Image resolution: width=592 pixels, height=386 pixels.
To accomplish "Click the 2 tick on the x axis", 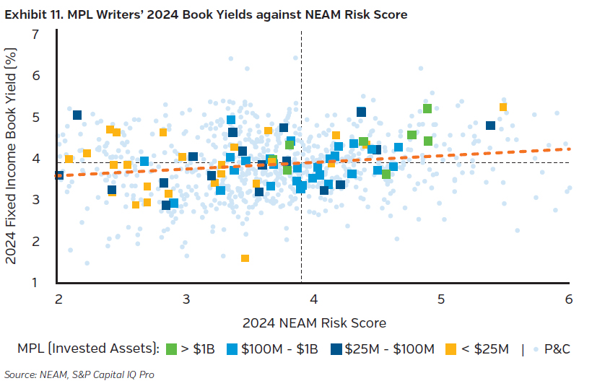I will tap(58, 299).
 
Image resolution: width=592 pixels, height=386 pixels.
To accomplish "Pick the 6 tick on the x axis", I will tap(569, 299).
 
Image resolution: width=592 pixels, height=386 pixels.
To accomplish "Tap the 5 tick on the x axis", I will tap(441, 299).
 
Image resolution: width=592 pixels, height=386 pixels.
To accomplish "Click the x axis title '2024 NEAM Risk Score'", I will tap(313, 323).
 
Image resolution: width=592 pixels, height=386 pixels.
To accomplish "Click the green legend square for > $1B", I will tap(173, 349).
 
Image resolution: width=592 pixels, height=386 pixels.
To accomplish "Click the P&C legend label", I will tap(558, 349).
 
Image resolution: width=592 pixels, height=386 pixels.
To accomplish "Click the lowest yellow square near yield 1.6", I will tap(245, 258).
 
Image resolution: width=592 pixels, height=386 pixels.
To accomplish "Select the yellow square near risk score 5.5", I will tap(503, 108).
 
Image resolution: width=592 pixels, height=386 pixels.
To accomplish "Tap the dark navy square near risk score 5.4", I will tap(491, 126).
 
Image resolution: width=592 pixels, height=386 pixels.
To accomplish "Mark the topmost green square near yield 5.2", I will tap(427, 108).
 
